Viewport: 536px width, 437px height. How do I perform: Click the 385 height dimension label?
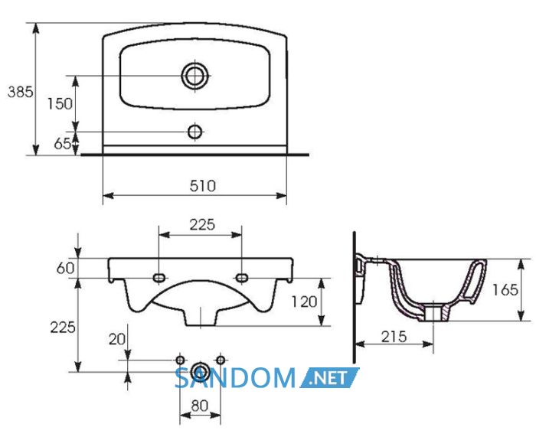pyautogui.click(x=21, y=93)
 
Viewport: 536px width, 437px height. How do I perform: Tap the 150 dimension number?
pyautogui.click(x=60, y=103)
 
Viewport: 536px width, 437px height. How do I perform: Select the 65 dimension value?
pyautogui.click(x=63, y=144)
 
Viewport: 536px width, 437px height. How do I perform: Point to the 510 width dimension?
pyautogui.click(x=203, y=186)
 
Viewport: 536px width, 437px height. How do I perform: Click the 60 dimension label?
pyautogui.click(x=65, y=268)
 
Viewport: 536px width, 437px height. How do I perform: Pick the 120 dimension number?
pyautogui.click(x=304, y=302)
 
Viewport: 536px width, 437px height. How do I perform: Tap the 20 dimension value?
pyautogui.click(x=117, y=339)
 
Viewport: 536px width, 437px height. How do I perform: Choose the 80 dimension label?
pyautogui.click(x=200, y=406)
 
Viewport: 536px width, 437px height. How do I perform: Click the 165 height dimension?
pyautogui.click(x=505, y=290)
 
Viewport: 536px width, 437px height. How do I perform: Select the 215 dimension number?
pyautogui.click(x=394, y=337)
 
